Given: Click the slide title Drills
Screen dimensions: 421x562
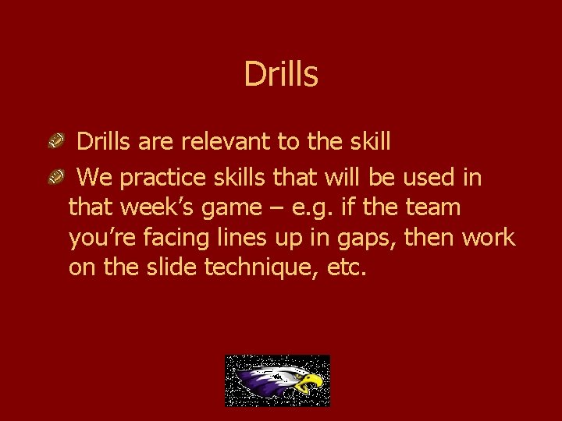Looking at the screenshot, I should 281,75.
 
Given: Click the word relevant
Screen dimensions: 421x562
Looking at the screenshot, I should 226,142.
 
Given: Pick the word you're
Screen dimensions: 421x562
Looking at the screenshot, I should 104,238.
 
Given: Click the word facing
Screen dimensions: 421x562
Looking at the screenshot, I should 180,239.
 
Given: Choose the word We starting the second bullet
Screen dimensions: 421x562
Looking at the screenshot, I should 96,179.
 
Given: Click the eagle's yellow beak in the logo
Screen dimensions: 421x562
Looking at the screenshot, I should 311,381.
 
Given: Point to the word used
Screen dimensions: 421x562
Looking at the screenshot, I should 428,179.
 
